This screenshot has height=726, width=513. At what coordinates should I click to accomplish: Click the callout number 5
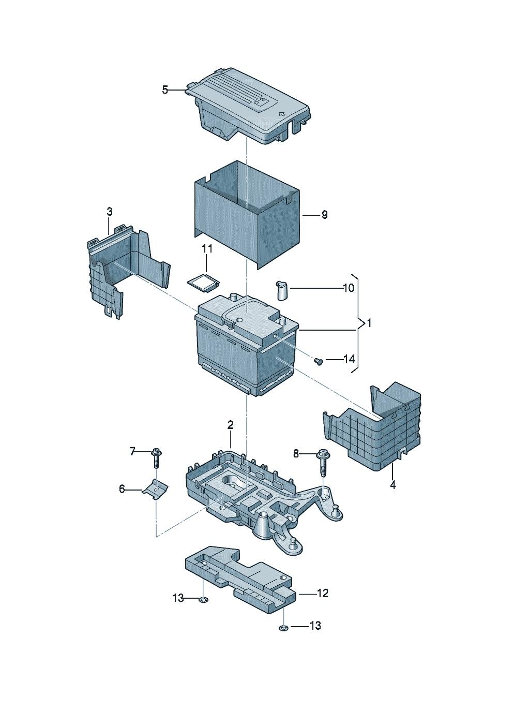[x=164, y=90]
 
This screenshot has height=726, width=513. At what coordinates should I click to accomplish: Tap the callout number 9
[x=324, y=214]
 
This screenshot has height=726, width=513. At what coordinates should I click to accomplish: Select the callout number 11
[x=207, y=248]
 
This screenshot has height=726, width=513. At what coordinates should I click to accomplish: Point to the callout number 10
[x=349, y=288]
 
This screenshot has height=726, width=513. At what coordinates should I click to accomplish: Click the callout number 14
[x=349, y=359]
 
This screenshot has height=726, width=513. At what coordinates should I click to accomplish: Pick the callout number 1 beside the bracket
[x=369, y=323]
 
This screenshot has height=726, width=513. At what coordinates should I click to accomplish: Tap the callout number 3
[x=109, y=212]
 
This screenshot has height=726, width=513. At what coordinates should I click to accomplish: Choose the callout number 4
[x=393, y=485]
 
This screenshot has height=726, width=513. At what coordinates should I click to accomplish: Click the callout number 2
[x=230, y=425]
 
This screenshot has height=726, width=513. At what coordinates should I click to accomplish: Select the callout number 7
[x=132, y=452]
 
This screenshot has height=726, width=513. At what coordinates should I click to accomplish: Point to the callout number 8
[x=296, y=453]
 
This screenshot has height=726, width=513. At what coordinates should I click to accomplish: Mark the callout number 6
[x=122, y=488]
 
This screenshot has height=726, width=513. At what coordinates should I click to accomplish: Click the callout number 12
[x=322, y=594]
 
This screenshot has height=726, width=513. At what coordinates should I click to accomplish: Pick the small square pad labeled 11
[x=202, y=279]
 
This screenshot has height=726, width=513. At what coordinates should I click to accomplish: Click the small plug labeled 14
[x=318, y=361]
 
